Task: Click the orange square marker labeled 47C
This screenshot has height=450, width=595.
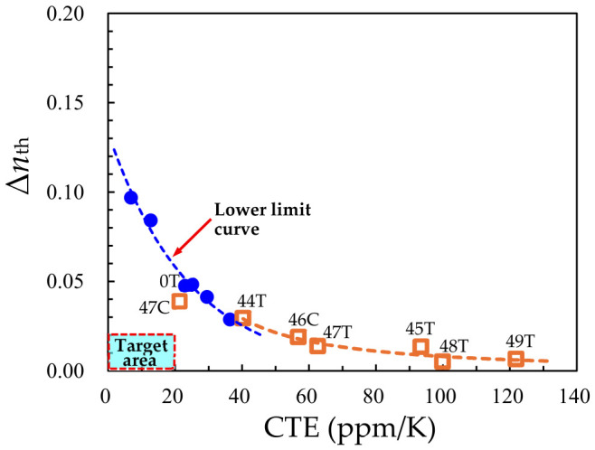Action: click(x=179, y=302)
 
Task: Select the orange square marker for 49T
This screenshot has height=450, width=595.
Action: click(x=516, y=359)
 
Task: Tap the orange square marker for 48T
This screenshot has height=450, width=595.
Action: click(x=442, y=361)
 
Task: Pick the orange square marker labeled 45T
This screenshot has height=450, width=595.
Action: click(x=420, y=346)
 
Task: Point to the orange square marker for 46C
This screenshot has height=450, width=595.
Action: click(x=298, y=337)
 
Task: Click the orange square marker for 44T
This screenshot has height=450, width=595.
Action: click(x=243, y=318)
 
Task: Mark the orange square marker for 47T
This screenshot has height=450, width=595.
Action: click(x=317, y=346)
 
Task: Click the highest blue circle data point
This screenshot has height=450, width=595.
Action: click(x=131, y=198)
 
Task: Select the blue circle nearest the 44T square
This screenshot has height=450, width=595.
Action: click(x=230, y=320)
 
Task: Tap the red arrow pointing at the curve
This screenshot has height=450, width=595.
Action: click(x=192, y=237)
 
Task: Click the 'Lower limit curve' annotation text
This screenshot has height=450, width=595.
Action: click(x=262, y=219)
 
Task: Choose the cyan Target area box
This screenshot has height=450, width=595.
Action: click(x=141, y=352)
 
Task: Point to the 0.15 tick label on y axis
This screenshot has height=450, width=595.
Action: click(x=65, y=103)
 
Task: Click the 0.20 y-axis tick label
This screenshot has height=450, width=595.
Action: click(x=65, y=14)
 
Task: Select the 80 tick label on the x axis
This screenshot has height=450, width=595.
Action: click(x=373, y=397)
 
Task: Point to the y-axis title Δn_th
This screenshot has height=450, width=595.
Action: click(x=18, y=165)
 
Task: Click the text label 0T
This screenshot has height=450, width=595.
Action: click(x=169, y=281)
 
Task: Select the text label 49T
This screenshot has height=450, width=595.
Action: click(x=520, y=342)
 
